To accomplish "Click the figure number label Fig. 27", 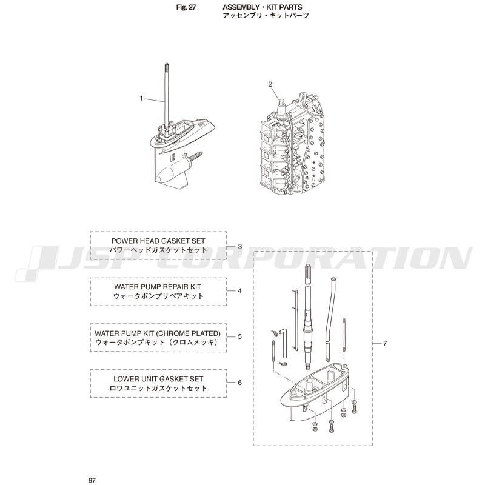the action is [186, 7].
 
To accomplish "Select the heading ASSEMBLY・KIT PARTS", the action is [263, 7].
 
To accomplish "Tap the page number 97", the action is [92, 480].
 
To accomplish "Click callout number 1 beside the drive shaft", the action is [141, 98].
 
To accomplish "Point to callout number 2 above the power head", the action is [270, 84].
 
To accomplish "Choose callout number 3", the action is [239, 247].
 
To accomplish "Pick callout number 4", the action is [239, 291].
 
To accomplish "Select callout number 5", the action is [239, 336].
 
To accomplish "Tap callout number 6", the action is [239, 383].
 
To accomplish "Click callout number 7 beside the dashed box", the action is [384, 343].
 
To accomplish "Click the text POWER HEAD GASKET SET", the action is [158, 241].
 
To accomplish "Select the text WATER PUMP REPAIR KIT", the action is [158, 287].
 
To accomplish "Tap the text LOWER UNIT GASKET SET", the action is [158, 379].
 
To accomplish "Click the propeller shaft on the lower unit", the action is [195, 156].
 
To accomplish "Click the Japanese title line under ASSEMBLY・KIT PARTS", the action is [266, 16].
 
